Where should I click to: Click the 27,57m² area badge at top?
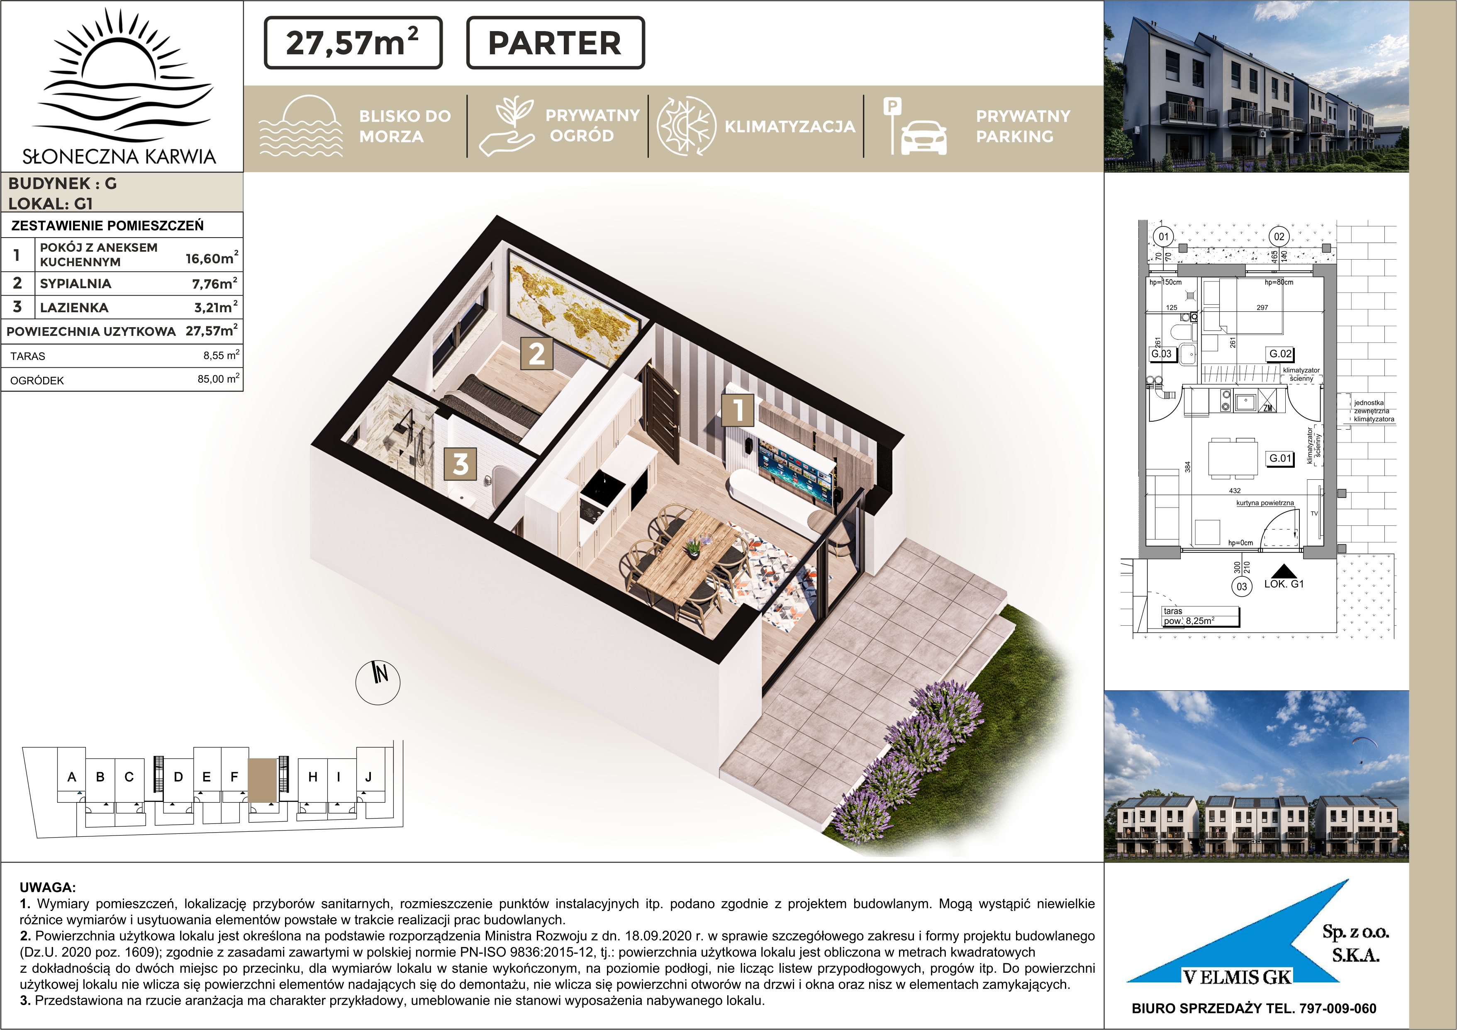(353, 42)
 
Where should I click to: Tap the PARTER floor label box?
(555, 42)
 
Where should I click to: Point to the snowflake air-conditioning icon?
(687, 126)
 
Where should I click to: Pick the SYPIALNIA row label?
(76, 284)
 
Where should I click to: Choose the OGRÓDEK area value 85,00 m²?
(218, 379)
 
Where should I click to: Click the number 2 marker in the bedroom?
(536, 353)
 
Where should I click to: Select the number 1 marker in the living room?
(738, 410)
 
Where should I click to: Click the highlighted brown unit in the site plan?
(263, 780)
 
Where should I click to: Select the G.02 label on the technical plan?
(1280, 354)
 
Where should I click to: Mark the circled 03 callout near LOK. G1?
(1242, 587)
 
